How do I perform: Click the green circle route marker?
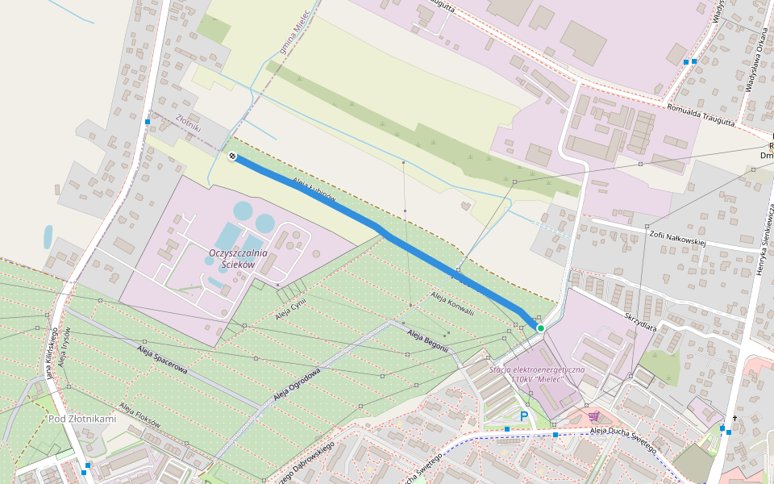540,328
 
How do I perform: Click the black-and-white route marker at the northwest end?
232,156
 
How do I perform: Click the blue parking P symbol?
524,416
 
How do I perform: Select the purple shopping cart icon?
594,416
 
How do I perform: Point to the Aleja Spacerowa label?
162,358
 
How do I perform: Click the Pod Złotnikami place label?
82,419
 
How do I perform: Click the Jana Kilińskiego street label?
52,353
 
